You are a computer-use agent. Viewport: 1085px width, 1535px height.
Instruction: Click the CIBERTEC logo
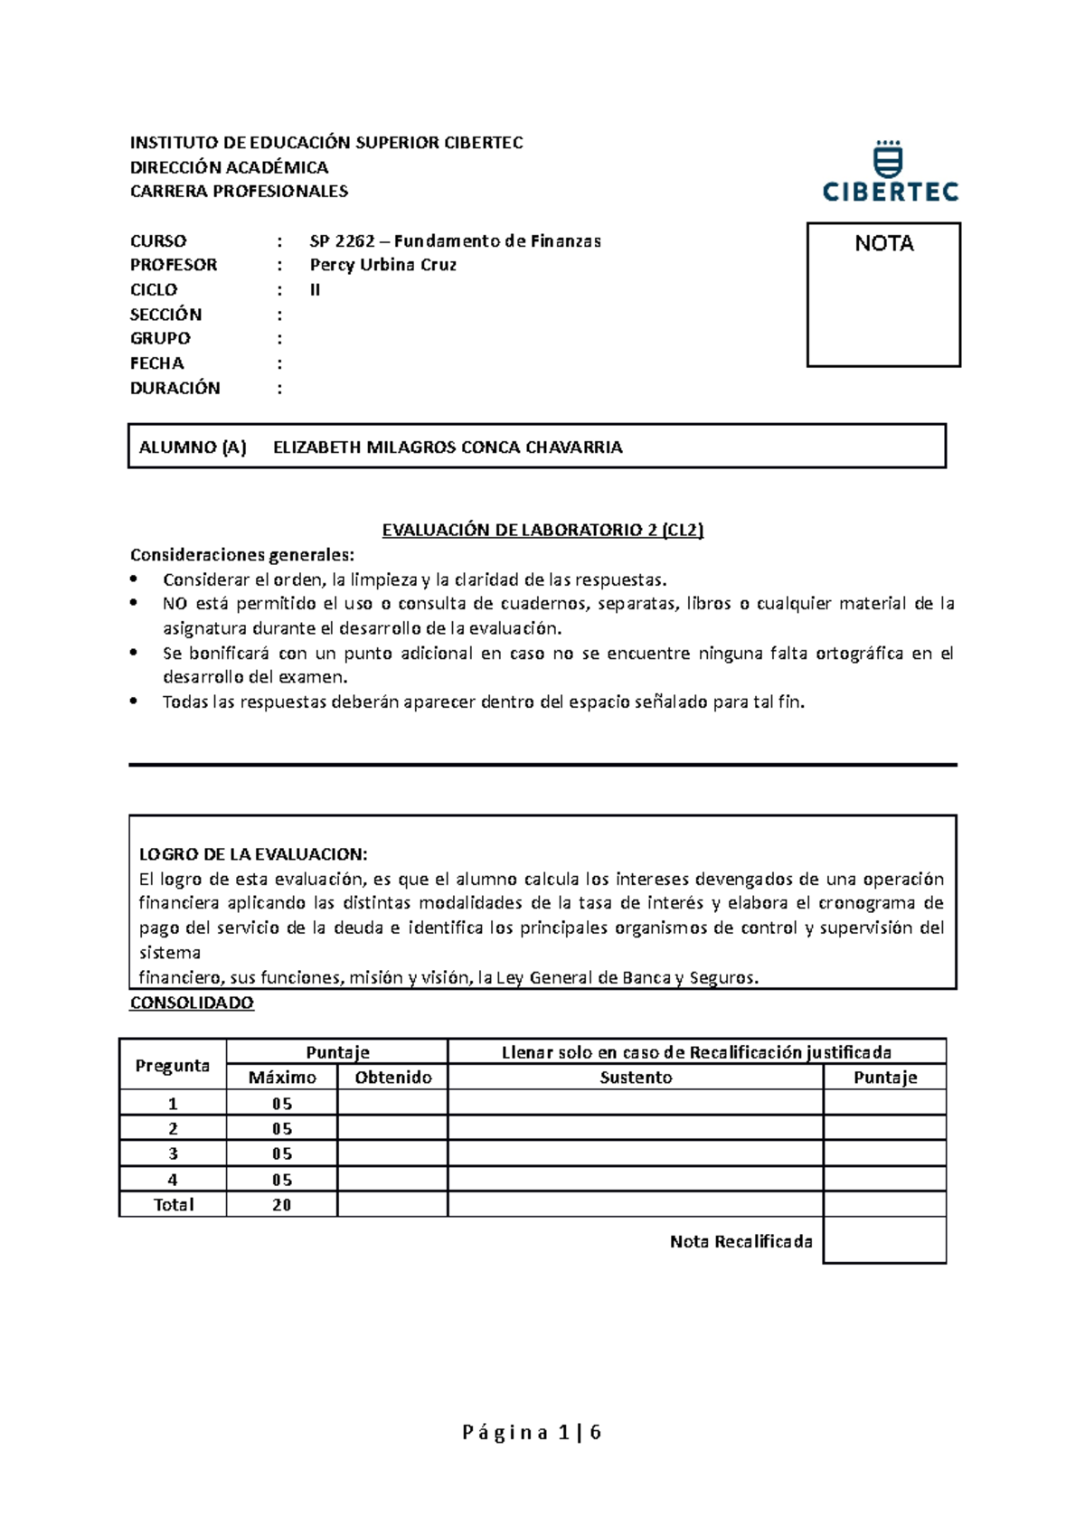click(x=890, y=172)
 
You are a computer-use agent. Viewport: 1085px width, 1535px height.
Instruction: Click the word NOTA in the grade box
click(x=883, y=244)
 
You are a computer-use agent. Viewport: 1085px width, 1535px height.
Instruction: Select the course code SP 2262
click(x=342, y=241)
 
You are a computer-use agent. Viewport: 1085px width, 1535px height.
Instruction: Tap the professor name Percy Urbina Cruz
click(x=382, y=265)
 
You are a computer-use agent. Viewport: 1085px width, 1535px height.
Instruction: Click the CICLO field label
click(x=154, y=290)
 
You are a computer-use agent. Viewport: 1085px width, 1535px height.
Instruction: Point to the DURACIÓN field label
click(x=175, y=388)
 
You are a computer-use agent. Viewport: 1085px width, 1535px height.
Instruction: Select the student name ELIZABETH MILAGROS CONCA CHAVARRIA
click(x=448, y=447)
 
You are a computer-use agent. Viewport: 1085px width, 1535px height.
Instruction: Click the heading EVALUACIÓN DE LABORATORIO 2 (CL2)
click(x=542, y=531)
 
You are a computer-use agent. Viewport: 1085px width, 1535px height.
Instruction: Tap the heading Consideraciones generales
click(x=242, y=555)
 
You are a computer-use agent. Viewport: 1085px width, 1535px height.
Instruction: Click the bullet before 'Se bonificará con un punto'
click(x=134, y=653)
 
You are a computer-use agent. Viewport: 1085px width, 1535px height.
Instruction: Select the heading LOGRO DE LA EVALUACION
click(x=252, y=854)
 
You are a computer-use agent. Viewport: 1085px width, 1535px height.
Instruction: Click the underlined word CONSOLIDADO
click(x=192, y=1003)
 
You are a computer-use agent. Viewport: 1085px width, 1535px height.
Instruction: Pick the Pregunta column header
click(x=172, y=1065)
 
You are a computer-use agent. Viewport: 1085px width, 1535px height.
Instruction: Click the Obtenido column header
click(x=392, y=1078)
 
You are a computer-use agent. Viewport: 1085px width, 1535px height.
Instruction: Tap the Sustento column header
click(x=636, y=1078)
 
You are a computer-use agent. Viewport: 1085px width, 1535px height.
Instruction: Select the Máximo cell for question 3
click(x=281, y=1154)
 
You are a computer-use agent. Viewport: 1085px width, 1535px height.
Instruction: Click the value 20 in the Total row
click(x=281, y=1205)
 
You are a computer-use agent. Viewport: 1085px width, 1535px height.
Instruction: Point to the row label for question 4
click(x=173, y=1180)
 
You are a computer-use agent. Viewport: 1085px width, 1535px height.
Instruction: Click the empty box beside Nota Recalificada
click(x=884, y=1240)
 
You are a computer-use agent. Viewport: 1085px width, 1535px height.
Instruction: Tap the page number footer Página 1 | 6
click(x=532, y=1432)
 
